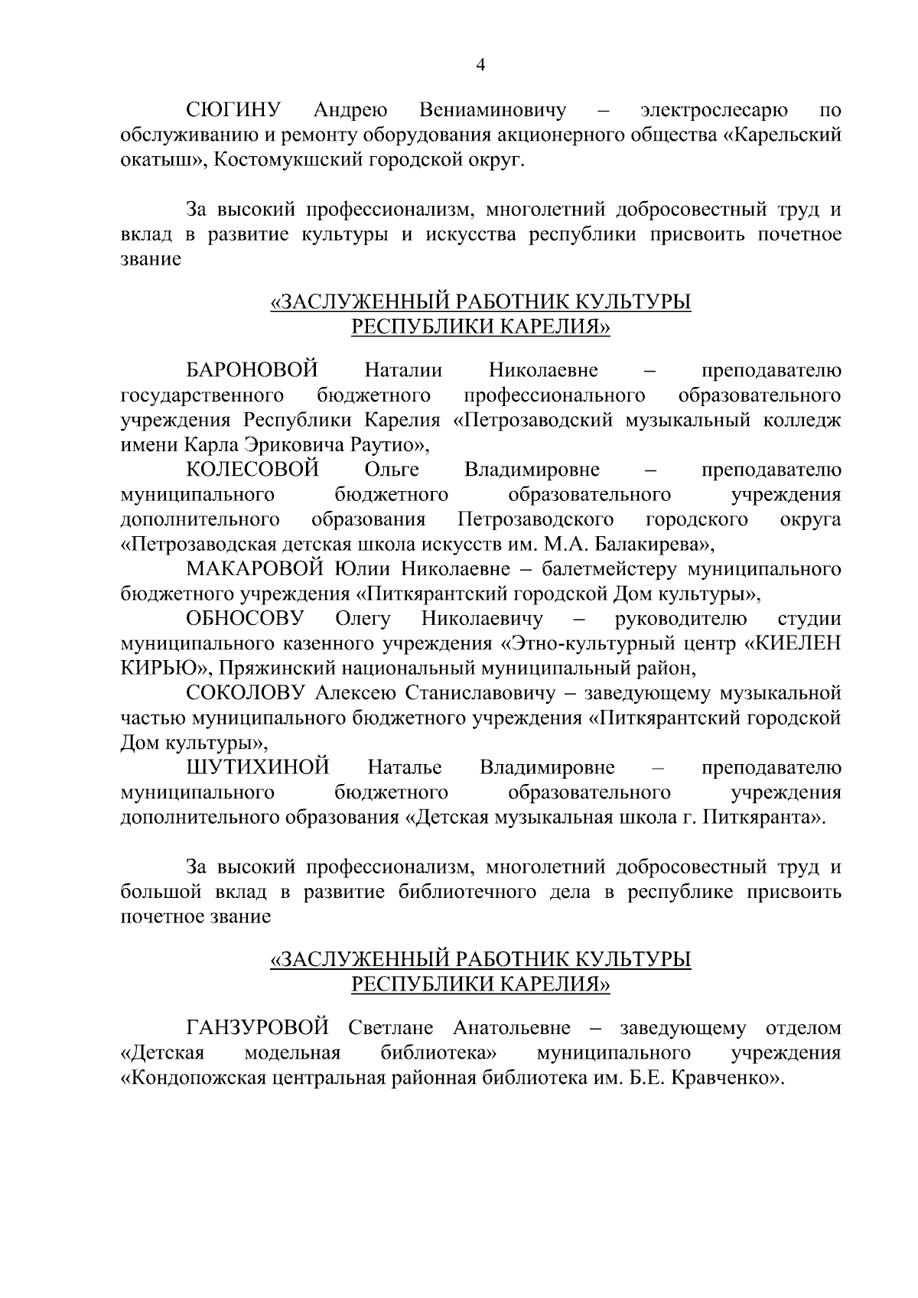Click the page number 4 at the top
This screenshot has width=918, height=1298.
point(480,66)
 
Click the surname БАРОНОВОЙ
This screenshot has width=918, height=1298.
point(252,371)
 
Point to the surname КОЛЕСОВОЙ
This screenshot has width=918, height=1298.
point(252,470)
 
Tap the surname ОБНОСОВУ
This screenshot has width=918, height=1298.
point(245,618)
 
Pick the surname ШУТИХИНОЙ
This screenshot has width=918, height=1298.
point(258,767)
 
